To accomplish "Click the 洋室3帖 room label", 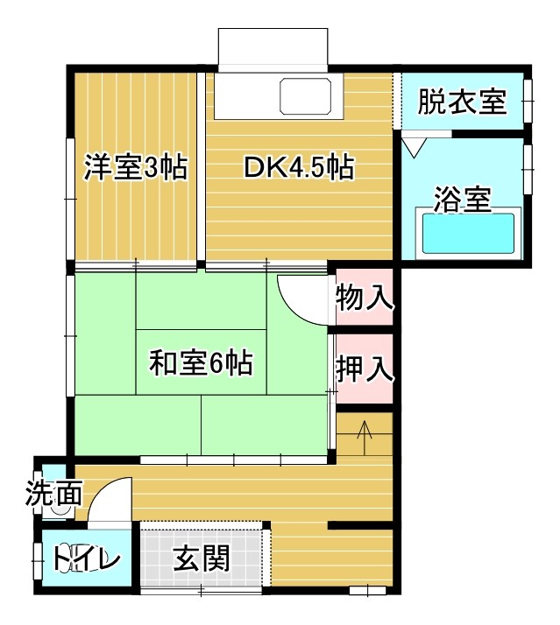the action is [135, 167].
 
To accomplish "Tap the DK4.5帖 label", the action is [299, 167].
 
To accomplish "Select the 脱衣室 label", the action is [462, 102].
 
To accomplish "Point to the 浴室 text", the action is [462, 199].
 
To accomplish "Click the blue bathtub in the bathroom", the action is [468, 233].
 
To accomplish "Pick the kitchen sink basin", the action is [306, 96].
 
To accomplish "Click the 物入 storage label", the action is [364, 298].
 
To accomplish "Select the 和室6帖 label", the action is [201, 362].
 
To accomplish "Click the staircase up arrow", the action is [365, 438].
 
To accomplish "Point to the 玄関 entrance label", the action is [202, 558].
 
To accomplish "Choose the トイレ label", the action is [87, 558].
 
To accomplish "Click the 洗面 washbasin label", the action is [53, 493].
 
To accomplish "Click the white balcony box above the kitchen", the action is [273, 50].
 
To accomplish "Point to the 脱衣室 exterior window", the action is [528, 102].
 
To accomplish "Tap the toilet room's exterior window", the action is [38, 561].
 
